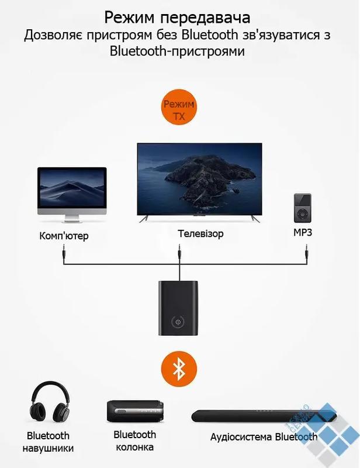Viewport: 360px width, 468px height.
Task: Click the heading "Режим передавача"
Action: click(177, 18)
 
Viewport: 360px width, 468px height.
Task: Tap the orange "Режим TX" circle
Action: click(179, 106)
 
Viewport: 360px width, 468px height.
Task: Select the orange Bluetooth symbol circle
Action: click(179, 368)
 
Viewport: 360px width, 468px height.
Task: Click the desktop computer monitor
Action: click(72, 195)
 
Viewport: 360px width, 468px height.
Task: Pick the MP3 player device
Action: click(303, 208)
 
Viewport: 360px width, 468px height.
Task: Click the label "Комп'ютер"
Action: click(64, 236)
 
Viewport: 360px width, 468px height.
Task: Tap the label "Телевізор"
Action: click(200, 233)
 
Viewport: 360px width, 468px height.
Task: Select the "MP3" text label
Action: click(303, 232)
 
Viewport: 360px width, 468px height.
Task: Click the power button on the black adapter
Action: click(178, 322)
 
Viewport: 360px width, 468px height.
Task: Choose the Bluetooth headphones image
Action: click(50, 401)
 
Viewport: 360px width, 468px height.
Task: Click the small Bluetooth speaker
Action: click(135, 411)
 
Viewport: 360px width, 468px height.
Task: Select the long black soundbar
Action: click(264, 415)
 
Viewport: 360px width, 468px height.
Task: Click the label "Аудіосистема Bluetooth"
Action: click(264, 437)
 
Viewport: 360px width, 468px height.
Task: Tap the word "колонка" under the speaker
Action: click(134, 447)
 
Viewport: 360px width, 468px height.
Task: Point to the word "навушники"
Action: click(48, 448)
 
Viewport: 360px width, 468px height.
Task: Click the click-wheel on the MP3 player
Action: click(303, 214)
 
